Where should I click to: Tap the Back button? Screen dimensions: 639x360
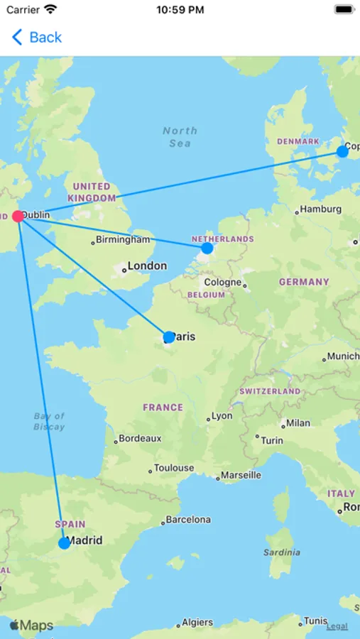(37, 38)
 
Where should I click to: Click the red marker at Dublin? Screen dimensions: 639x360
(18, 216)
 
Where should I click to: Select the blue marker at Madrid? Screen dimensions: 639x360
(64, 543)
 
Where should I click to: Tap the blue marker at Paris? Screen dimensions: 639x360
(168, 337)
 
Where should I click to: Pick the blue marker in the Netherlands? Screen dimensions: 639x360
(207, 248)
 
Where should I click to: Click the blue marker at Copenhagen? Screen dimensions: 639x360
(342, 151)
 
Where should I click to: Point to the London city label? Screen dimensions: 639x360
(147, 266)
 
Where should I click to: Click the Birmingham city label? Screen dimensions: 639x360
(123, 240)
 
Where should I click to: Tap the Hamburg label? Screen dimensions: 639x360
(320, 209)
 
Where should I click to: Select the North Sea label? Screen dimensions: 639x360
(180, 137)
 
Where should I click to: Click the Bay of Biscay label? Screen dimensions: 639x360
(49, 422)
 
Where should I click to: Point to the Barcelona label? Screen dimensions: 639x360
(188, 520)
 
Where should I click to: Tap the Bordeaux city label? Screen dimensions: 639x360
(140, 439)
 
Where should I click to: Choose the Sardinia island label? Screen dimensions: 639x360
(282, 552)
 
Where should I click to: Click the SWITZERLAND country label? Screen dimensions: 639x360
(270, 391)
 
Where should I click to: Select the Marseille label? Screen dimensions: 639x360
(241, 475)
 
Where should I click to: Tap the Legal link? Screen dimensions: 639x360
(337, 626)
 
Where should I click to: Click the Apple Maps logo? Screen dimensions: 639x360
(31, 626)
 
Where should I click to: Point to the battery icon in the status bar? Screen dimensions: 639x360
(344, 10)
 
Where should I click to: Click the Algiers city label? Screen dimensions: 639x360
(197, 623)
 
